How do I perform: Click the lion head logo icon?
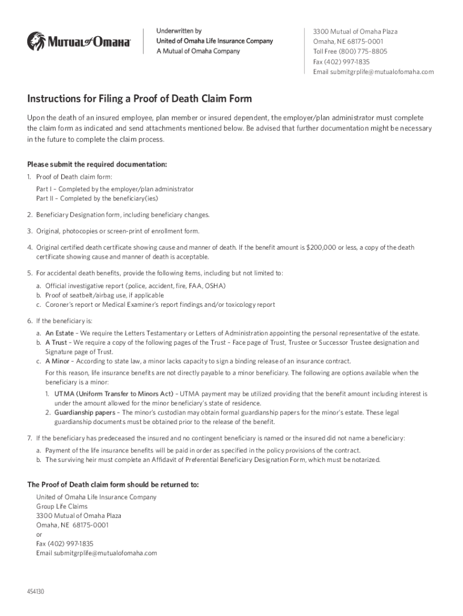(35, 41)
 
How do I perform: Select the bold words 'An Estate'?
(60, 333)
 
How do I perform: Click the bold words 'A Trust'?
(56, 342)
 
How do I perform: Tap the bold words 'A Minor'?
(57, 362)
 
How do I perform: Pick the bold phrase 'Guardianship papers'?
(82, 413)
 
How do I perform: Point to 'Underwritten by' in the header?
(179, 31)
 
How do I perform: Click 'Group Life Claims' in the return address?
(61, 507)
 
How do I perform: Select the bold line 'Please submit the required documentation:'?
(97, 165)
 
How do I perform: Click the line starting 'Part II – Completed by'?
(97, 199)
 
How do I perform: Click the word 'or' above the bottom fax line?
(39, 534)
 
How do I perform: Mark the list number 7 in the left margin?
(29, 438)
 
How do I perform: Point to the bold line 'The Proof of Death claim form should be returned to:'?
(113, 484)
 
